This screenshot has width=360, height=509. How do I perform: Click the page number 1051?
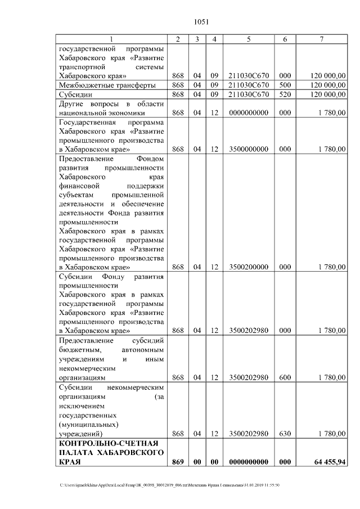201,22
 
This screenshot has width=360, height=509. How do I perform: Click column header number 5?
248,39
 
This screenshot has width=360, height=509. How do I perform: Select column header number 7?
321,39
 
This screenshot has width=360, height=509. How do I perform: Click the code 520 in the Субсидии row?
285,94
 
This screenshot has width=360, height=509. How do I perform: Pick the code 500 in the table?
285,85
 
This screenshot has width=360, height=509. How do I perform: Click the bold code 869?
178,462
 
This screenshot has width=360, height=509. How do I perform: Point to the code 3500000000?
248,149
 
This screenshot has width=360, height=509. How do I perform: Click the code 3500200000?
248,267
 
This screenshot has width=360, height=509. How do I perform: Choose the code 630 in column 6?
285,434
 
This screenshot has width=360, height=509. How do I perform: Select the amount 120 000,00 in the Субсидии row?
328,94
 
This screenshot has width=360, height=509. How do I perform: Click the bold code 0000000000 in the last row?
248,462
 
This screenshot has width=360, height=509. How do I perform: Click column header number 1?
111,39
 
